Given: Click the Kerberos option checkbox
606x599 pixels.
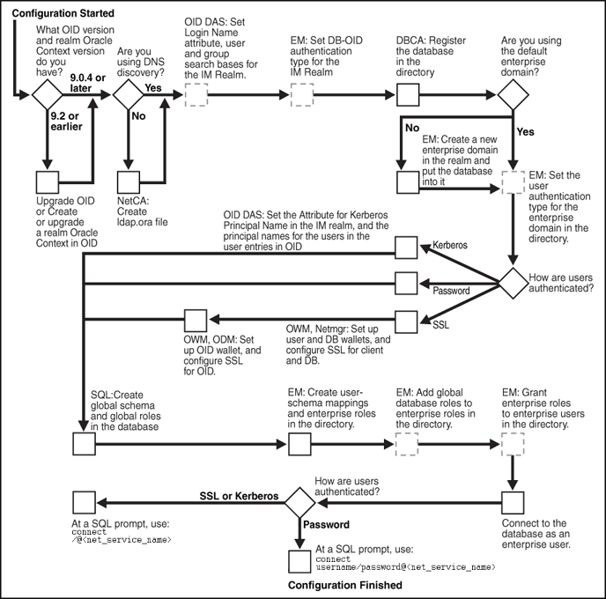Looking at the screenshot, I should [x=406, y=249].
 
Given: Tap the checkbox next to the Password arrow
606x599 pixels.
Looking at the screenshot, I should [x=406, y=283].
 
